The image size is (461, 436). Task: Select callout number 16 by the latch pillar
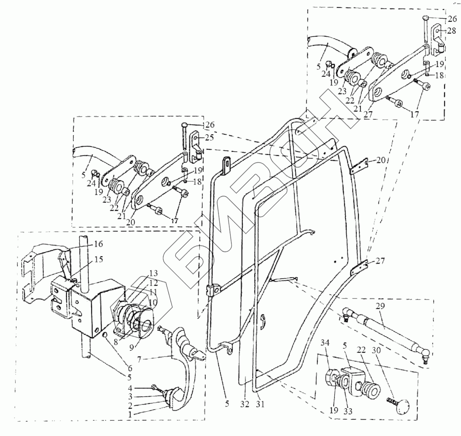coord(98,244)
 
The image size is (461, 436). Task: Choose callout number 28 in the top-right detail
coord(451,31)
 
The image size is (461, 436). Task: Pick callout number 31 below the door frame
coord(261,404)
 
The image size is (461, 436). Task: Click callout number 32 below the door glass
coord(245,404)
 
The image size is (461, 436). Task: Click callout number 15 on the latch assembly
coord(98,260)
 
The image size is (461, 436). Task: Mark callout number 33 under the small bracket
coord(348,411)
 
